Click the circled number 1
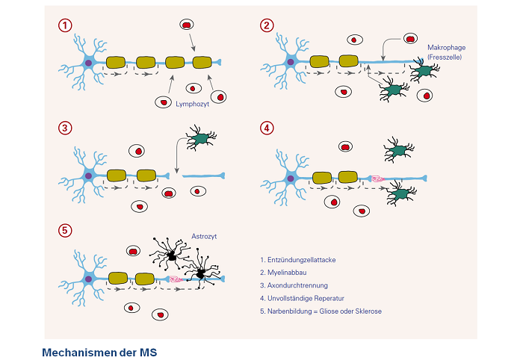[66, 25]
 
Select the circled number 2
[267, 25]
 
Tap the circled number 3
[66, 128]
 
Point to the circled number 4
[267, 128]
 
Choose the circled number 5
[66, 230]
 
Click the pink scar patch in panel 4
[377, 179]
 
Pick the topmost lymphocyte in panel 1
[186, 25]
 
